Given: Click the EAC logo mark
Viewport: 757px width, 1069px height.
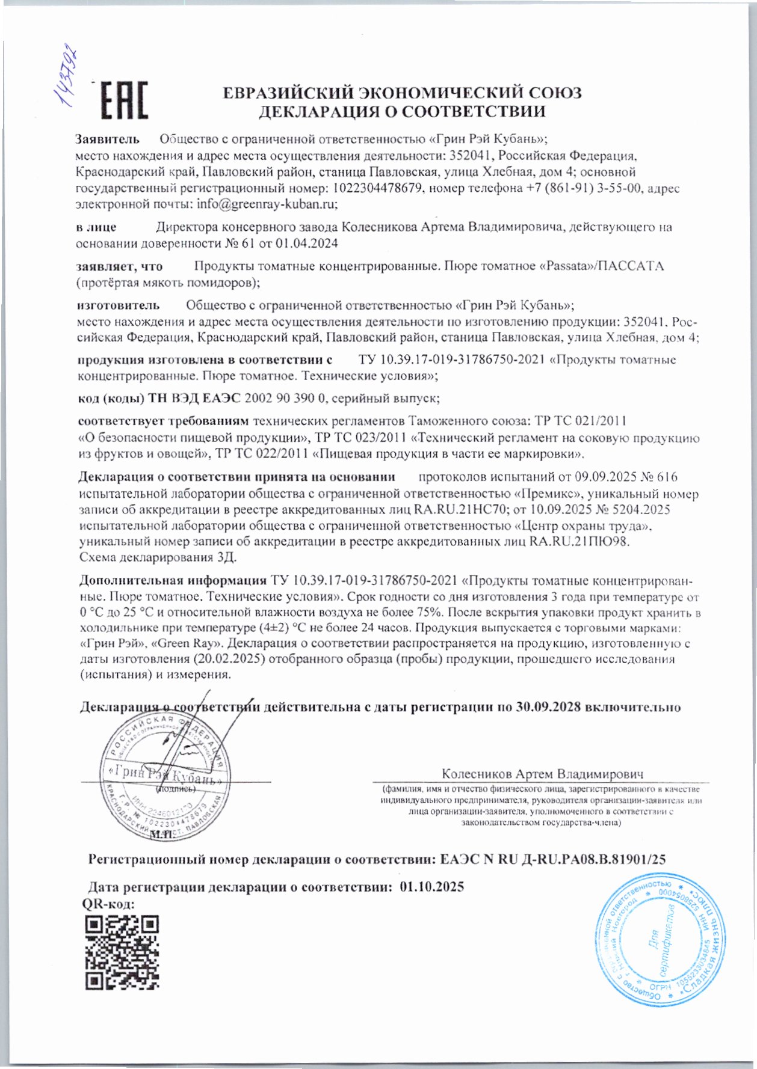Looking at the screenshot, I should (123, 100).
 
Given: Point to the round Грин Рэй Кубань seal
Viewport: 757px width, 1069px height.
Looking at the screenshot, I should (164, 778).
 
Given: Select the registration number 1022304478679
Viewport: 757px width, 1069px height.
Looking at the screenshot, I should (375, 188).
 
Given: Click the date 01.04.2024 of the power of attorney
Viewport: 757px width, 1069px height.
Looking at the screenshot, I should (307, 244).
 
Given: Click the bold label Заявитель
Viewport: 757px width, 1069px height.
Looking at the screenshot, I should (107, 139).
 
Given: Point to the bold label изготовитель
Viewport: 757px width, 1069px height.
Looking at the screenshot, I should (119, 305).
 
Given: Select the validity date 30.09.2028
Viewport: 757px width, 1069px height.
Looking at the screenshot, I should (548, 707).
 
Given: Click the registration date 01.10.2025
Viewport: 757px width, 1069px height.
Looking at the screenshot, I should (431, 887).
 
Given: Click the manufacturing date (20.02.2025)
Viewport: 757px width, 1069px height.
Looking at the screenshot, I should (226, 659).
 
